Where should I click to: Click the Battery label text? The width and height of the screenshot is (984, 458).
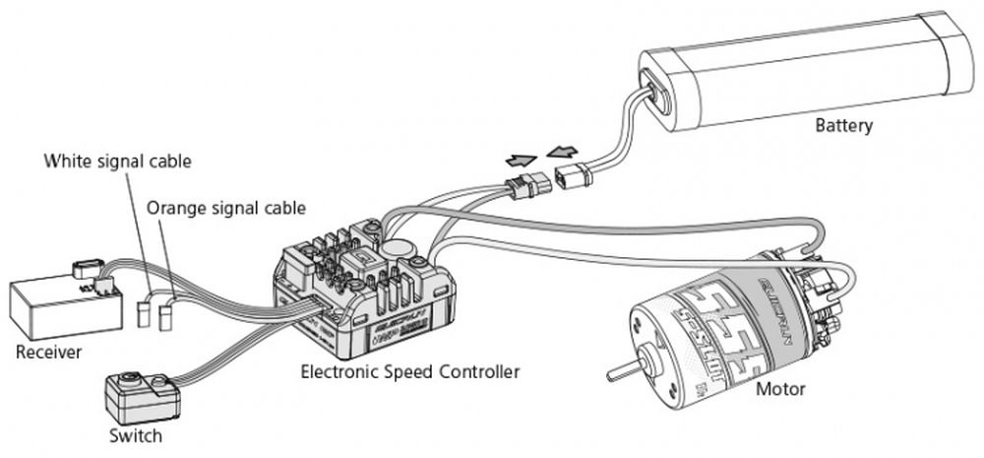tap(843, 126)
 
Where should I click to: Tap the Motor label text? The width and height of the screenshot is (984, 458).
tap(780, 389)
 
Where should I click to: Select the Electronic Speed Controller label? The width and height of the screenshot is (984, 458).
tap(409, 371)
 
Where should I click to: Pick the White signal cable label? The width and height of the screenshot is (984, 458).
tap(117, 160)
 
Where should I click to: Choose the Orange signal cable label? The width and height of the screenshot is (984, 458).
tap(225, 208)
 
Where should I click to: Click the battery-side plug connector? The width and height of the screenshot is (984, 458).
tap(573, 178)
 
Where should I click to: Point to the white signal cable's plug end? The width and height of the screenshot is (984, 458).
tap(144, 313)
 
